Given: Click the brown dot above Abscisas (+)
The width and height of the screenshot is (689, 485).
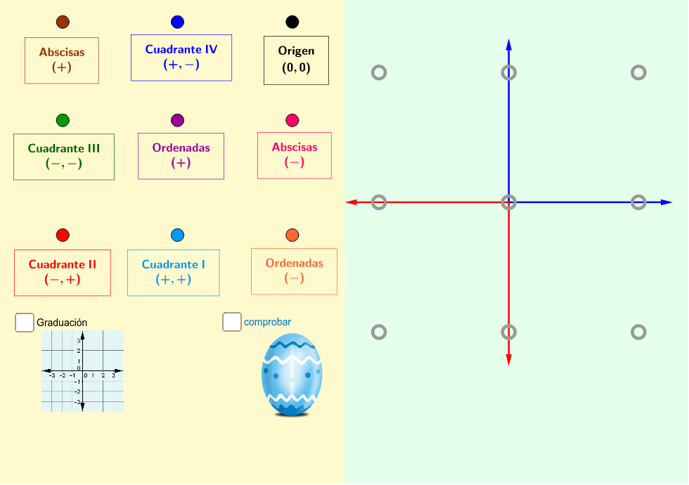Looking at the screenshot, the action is tap(63, 22).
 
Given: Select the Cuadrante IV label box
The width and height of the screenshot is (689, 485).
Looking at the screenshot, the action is tap(181, 58).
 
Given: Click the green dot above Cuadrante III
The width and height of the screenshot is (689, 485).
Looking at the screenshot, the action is tap(63, 120).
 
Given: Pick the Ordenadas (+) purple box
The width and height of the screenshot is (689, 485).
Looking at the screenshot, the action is tap(181, 156).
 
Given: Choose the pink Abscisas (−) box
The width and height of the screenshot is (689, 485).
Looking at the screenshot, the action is tap(295, 155).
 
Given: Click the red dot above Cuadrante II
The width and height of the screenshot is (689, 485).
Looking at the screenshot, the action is tap(63, 235).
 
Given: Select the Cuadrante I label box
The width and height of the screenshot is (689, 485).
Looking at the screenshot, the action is tap(174, 273).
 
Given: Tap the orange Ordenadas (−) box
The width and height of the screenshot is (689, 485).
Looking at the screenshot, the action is tap(295, 271).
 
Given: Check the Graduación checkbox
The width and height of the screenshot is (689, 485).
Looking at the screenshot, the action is tap(25, 323).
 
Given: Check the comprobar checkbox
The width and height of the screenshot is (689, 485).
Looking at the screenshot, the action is tap(232, 322).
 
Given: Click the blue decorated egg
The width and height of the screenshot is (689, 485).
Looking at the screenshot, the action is tap(292, 375).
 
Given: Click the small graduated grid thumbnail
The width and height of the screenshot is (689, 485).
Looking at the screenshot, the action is tap(83, 371).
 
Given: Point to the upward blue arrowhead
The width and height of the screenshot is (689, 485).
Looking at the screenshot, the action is tap(509, 45).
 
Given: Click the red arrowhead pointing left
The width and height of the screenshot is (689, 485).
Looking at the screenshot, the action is tap(351, 202).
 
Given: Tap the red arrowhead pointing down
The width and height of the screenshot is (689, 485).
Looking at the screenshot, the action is tap(509, 360).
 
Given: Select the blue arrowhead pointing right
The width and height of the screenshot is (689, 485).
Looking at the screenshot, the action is tap(667, 202).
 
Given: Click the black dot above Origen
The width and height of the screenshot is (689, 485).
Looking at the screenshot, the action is tap(292, 22).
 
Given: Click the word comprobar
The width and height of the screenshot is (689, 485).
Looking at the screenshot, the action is tap(268, 323).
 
